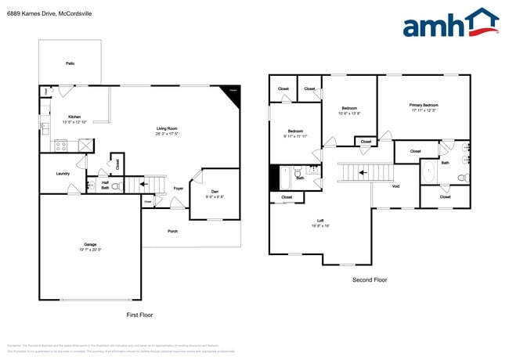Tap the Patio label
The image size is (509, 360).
(x=70, y=63)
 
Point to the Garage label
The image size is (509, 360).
(x=90, y=246)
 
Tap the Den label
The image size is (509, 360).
(x=215, y=193)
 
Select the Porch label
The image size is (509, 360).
(x=172, y=231)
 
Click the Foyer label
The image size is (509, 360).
(x=179, y=189)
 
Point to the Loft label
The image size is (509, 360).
(x=321, y=222)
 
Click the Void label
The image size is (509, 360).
(x=395, y=186)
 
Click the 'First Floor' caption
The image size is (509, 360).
(x=139, y=315)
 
